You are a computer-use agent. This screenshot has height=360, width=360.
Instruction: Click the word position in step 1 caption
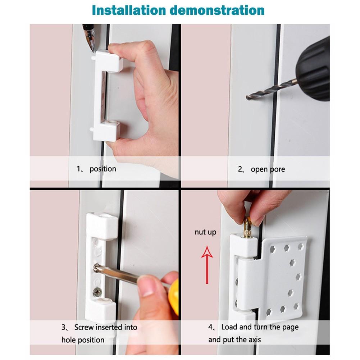point(103,169)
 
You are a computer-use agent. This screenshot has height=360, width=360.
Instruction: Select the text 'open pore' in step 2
point(268,169)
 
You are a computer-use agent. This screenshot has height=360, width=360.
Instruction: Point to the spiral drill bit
point(270,89)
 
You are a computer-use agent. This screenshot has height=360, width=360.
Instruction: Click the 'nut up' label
point(205,232)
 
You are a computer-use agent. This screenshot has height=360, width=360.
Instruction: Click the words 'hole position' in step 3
point(83,340)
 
